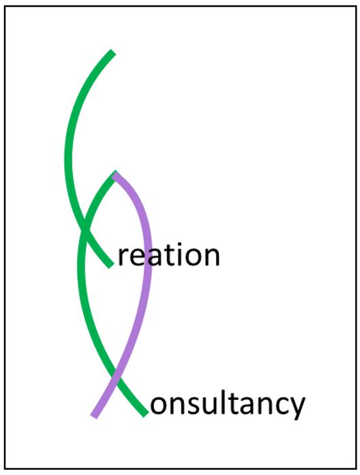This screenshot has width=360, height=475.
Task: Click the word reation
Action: tap(168, 255)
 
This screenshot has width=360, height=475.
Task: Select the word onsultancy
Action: tap(228, 405)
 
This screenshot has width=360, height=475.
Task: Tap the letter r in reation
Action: tap(123, 257)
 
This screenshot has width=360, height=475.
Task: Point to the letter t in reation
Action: tap(166, 255)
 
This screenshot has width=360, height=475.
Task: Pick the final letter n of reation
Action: tap(211, 257)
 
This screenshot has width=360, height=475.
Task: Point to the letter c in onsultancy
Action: tap(278, 405)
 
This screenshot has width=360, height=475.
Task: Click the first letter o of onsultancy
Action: tap(160, 405)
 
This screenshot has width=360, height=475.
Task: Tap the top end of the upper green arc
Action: tap(113, 52)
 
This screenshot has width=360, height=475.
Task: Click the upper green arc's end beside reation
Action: tap(111, 265)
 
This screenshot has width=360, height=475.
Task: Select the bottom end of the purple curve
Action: tap(93, 417)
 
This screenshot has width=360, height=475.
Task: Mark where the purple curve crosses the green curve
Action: tap(115, 376)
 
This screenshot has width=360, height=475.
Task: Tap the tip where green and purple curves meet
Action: tap(115, 174)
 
